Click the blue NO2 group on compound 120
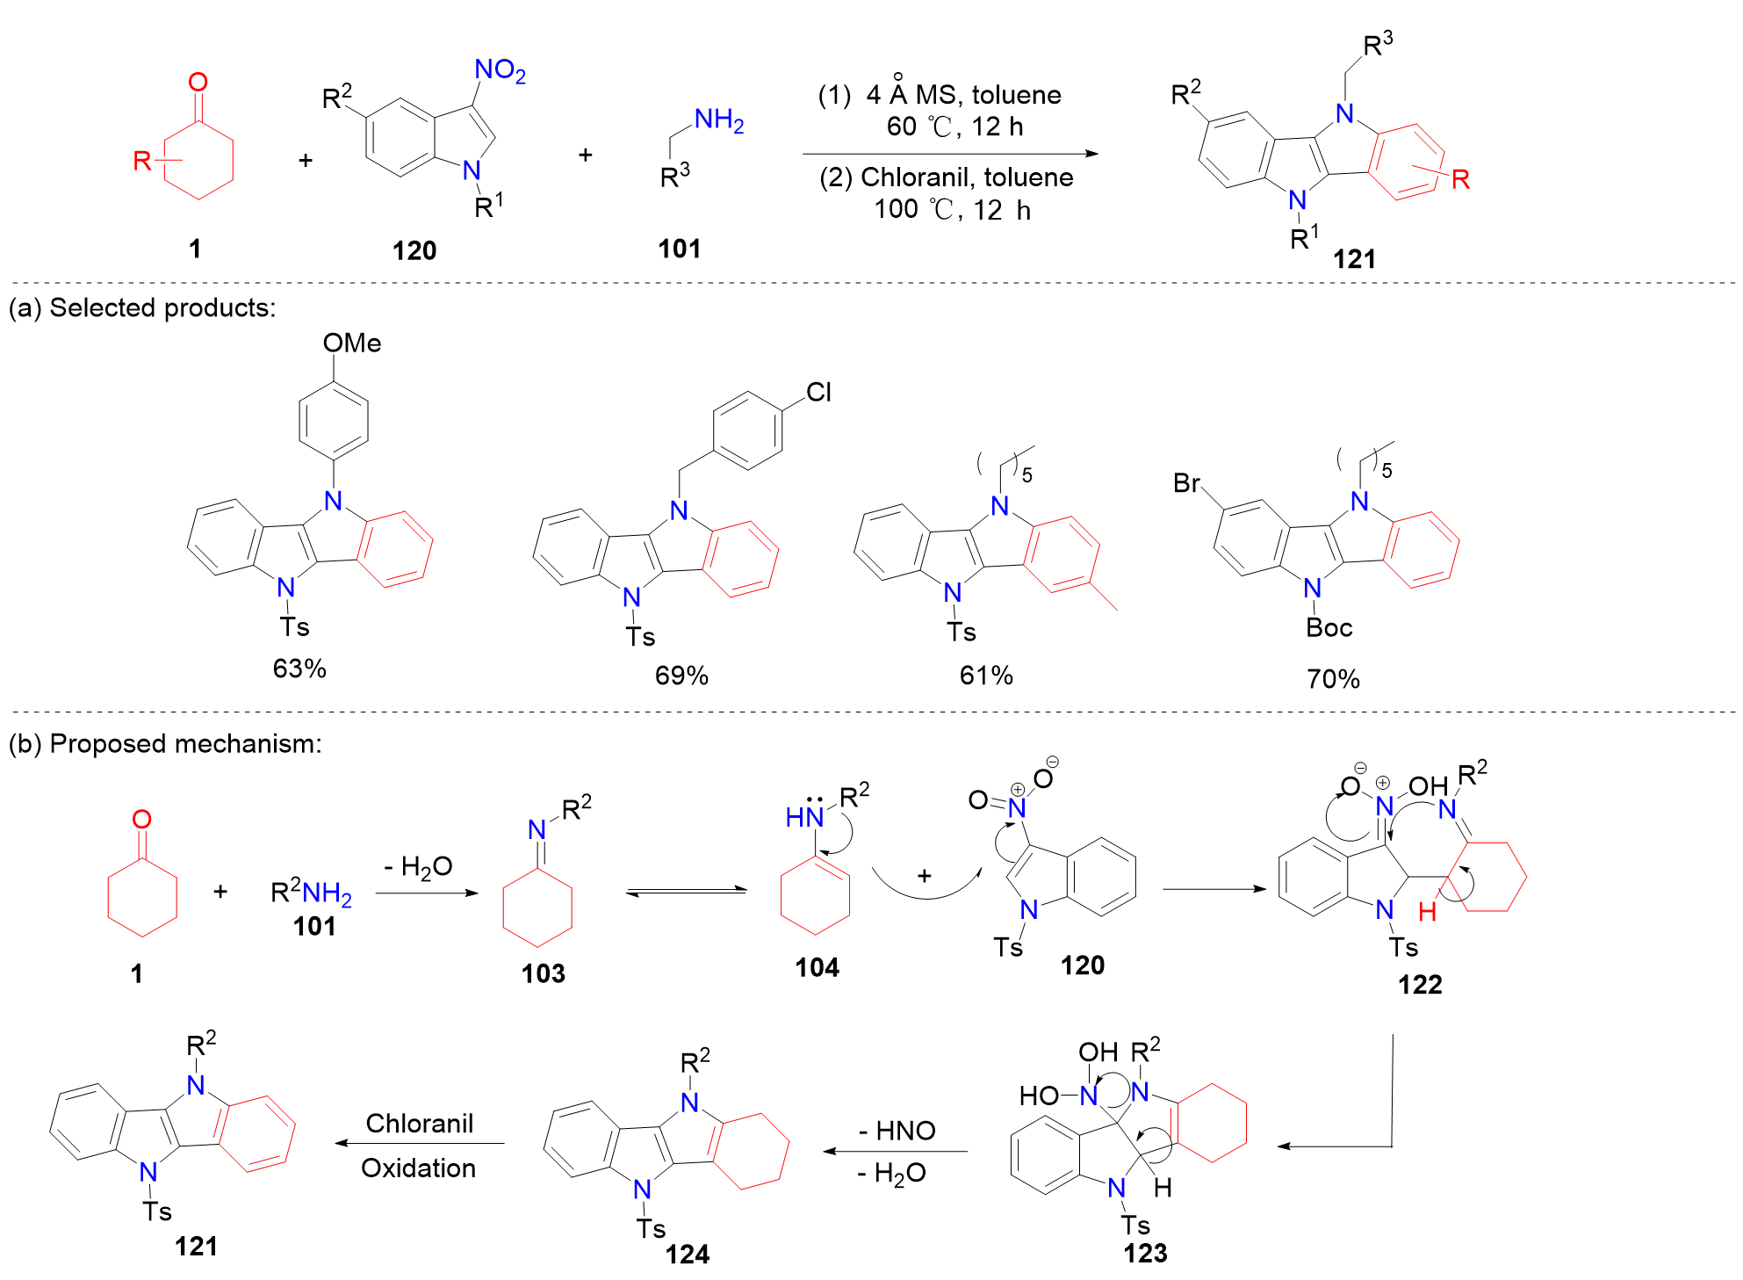499,70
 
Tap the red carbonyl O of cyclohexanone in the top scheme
198,82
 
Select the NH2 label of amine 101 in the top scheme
718,120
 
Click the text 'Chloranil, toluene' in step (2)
966,177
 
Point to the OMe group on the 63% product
352,343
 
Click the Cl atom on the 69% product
818,392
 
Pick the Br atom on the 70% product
1186,483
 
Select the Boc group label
1329,627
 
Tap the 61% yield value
986,675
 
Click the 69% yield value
681,675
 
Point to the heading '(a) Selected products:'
142,307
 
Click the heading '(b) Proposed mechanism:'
165,743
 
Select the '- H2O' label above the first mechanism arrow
418,867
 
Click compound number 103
543,973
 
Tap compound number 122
1420,984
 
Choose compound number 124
687,1254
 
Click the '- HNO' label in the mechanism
897,1131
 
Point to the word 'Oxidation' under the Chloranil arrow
418,1168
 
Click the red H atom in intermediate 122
1427,912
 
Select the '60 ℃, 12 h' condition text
954,127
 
